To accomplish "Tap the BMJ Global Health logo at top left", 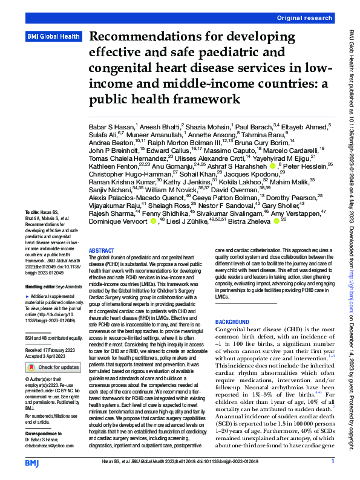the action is tap(54, 37).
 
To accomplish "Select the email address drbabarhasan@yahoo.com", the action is tap(54, 445).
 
